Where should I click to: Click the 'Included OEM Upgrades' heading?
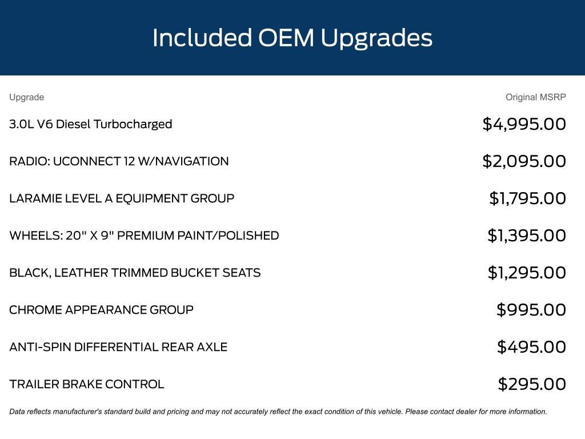tap(292, 38)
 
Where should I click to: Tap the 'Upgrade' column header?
tap(26, 97)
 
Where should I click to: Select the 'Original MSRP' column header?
tap(535, 97)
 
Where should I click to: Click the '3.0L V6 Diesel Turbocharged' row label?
tap(91, 124)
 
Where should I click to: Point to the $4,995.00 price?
tap(524, 124)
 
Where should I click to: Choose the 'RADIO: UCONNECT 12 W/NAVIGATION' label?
tap(119, 161)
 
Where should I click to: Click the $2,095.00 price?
tap(524, 161)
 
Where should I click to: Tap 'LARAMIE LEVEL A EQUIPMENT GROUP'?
tap(122, 198)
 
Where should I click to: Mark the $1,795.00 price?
tap(527, 198)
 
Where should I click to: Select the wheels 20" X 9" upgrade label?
tap(144, 236)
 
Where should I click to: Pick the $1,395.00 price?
tap(527, 236)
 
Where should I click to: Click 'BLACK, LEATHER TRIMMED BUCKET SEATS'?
tap(135, 273)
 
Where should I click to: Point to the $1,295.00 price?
tap(527, 273)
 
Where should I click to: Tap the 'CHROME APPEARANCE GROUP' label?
tap(102, 310)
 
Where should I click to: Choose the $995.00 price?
tap(531, 310)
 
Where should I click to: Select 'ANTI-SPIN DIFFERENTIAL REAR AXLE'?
tap(118, 347)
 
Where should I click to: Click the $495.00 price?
tap(531, 347)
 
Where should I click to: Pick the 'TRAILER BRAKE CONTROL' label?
tap(87, 384)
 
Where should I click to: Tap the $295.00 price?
tap(532, 384)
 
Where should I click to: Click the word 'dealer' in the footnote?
tap(467, 412)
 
